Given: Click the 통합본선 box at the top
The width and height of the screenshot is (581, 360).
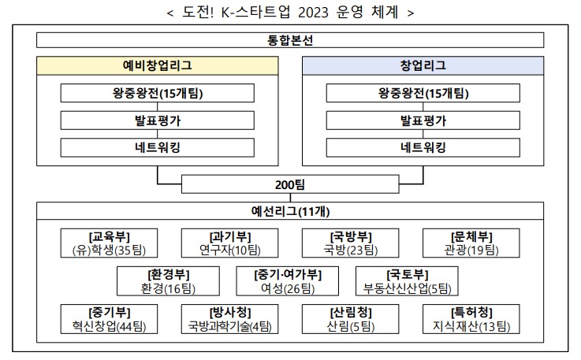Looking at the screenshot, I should pyautogui.click(x=290, y=39).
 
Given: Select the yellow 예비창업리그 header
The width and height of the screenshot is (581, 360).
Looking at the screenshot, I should pyautogui.click(x=157, y=65).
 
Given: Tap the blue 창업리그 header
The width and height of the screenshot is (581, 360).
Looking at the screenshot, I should pyautogui.click(x=423, y=65).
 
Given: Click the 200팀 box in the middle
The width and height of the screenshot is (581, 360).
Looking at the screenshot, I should pyautogui.click(x=290, y=184).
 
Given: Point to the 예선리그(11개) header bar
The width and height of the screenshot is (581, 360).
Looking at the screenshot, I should pyautogui.click(x=290, y=210).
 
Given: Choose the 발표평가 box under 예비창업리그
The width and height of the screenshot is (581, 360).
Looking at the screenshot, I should pyautogui.click(x=157, y=121).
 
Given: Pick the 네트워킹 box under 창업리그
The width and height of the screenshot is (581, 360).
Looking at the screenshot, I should pyautogui.click(x=423, y=147).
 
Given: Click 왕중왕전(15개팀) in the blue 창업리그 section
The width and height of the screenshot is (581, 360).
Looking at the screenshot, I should pyautogui.click(x=423, y=93).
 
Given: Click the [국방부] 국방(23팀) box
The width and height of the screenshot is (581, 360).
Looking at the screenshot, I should pyautogui.click(x=351, y=243).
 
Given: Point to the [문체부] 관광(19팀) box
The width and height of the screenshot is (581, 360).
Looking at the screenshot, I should pyautogui.click(x=471, y=243).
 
